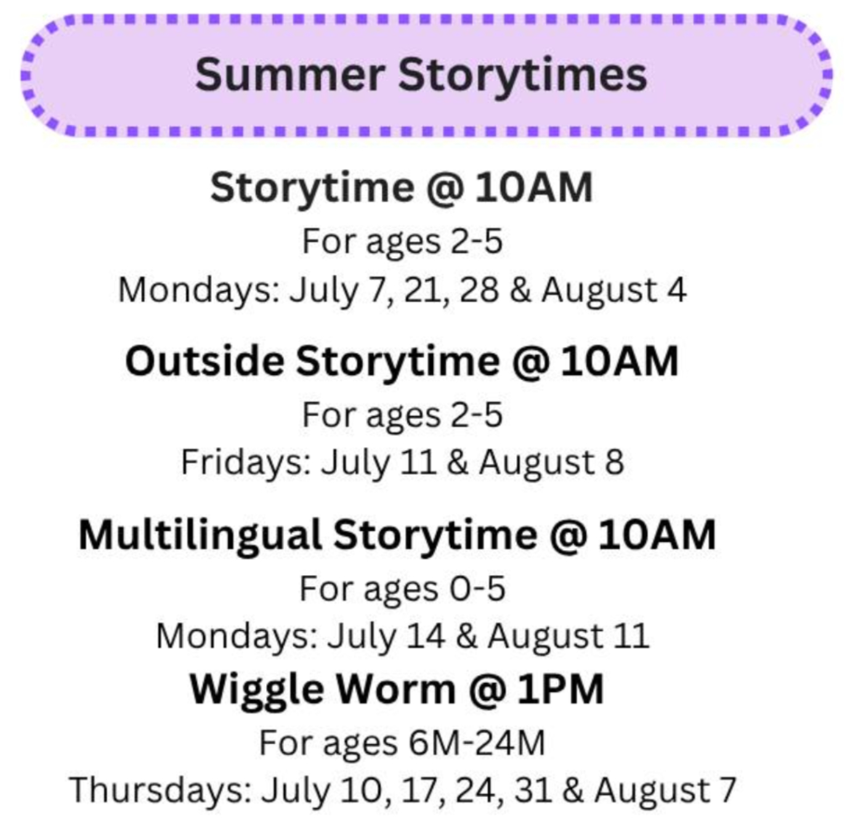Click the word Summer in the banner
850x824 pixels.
click(289, 75)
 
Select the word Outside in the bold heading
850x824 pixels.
click(204, 362)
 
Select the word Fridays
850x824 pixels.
click(246, 462)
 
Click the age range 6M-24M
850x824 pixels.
click(477, 743)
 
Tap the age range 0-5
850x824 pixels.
click(477, 589)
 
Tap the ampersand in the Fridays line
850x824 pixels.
click(458, 462)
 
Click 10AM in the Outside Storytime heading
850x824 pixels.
click(620, 362)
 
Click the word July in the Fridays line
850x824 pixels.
click(355, 464)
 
